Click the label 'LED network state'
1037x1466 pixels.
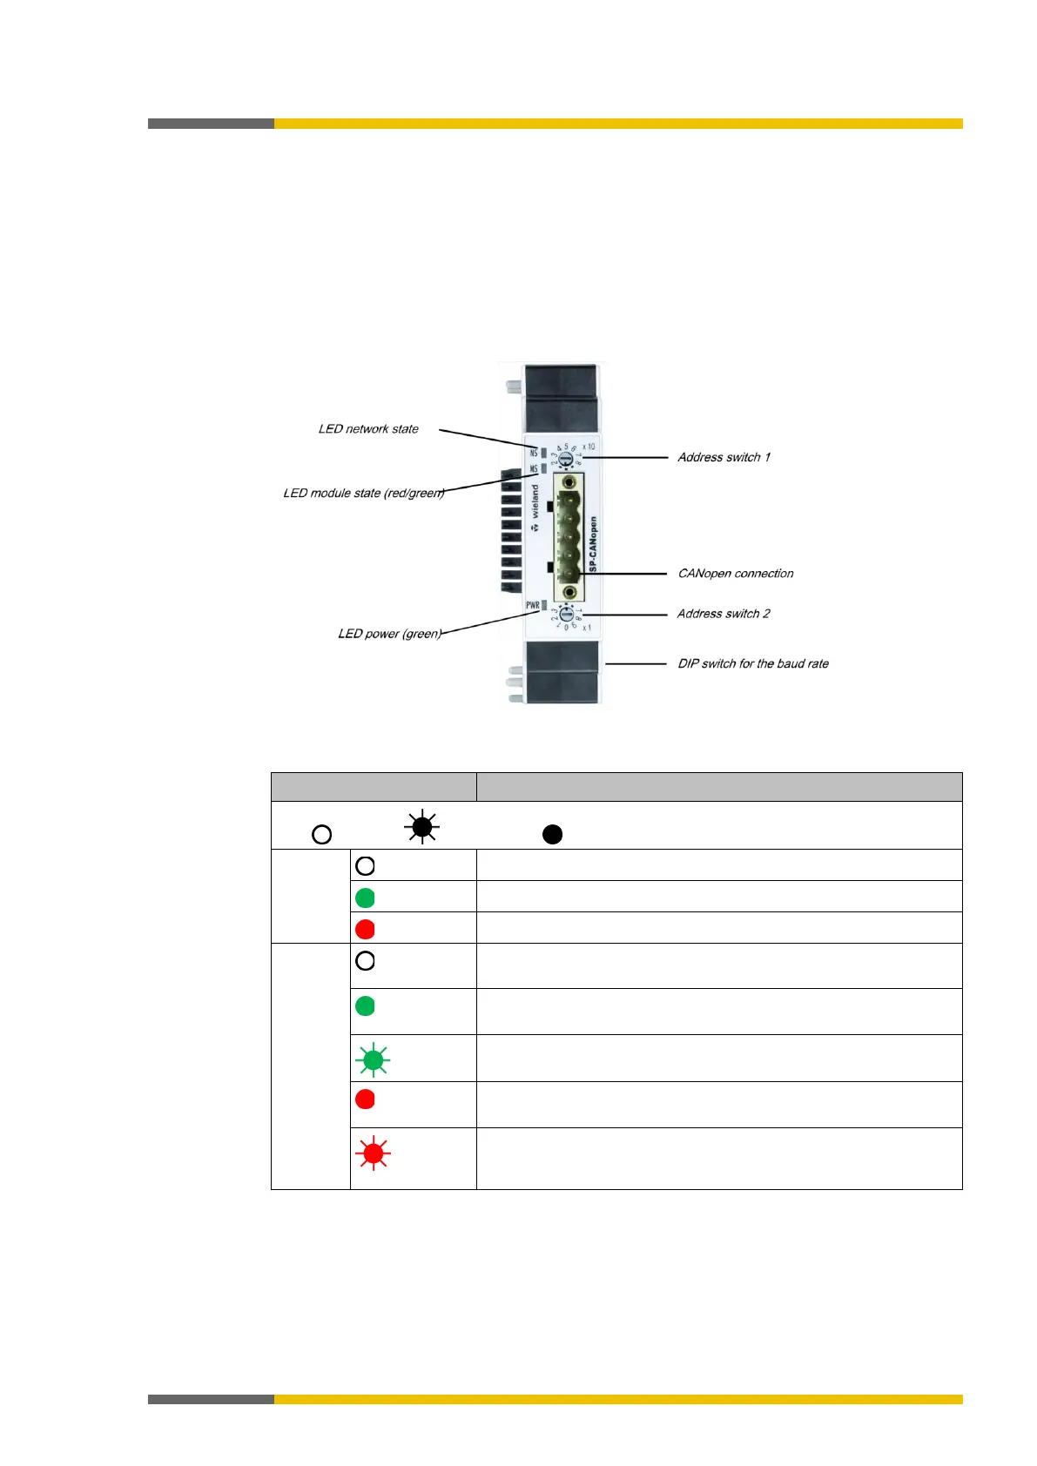pyautogui.click(x=368, y=429)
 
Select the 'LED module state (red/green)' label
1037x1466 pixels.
pyautogui.click(x=364, y=494)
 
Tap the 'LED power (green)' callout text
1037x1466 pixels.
pyautogui.click(x=390, y=634)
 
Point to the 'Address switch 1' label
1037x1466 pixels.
pyautogui.click(x=724, y=457)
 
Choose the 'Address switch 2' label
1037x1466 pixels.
pyautogui.click(x=724, y=614)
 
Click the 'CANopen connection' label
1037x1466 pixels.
pyautogui.click(x=736, y=574)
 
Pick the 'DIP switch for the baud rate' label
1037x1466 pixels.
pyautogui.click(x=753, y=663)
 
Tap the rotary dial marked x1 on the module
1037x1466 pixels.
pyautogui.click(x=566, y=615)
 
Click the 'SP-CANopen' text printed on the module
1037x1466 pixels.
pyautogui.click(x=593, y=545)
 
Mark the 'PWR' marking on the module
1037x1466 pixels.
pyautogui.click(x=532, y=605)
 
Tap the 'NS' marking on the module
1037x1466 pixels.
pyautogui.click(x=534, y=453)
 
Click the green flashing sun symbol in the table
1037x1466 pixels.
pyautogui.click(x=374, y=1059)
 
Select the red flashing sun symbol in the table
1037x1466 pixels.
pyautogui.click(x=374, y=1153)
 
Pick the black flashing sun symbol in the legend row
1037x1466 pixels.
pyautogui.click(x=422, y=826)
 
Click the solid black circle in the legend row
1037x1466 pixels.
pyautogui.click(x=552, y=835)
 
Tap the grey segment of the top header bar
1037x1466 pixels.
pyautogui.click(x=211, y=124)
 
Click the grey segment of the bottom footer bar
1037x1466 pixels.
pyautogui.click(x=211, y=1399)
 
